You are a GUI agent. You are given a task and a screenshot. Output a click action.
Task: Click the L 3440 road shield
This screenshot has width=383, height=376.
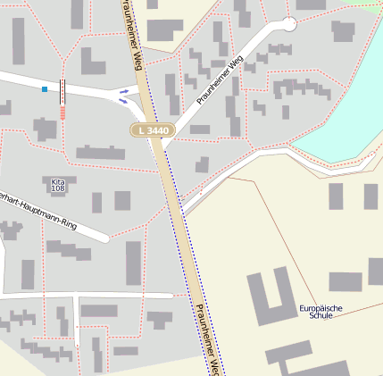(x=150, y=130)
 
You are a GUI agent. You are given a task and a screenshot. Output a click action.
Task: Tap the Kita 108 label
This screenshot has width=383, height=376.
(x=58, y=185)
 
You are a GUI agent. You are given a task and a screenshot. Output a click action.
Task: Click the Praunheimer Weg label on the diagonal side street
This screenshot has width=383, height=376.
(x=220, y=80)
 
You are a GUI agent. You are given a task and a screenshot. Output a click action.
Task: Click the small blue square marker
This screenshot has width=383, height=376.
(x=45, y=88)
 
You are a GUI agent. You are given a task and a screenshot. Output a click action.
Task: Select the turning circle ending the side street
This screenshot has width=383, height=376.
(x=287, y=24)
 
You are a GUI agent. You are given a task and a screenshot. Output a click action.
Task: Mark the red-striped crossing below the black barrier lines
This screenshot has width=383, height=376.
(x=63, y=112)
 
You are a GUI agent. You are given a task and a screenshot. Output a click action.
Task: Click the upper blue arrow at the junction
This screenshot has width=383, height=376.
(x=124, y=91)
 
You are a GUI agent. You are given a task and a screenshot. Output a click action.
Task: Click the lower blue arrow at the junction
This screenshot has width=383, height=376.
(x=123, y=101)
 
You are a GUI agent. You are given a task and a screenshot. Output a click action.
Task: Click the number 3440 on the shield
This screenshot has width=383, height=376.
(x=155, y=130)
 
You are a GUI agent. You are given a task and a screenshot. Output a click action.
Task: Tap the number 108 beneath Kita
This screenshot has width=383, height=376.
(x=58, y=188)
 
